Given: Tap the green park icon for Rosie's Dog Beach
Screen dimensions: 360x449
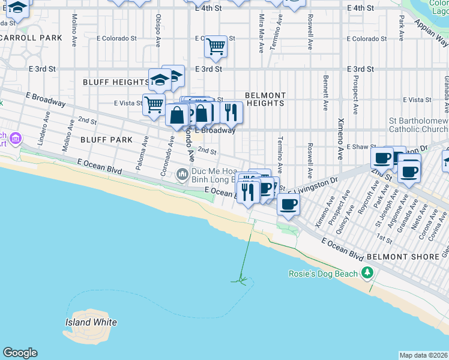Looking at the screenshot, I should point(367,274).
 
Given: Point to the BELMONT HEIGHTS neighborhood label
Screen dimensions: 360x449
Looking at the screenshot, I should point(265,99).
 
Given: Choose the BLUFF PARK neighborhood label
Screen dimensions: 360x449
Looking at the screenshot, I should point(106,140).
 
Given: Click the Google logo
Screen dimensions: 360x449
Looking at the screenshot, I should point(20,353).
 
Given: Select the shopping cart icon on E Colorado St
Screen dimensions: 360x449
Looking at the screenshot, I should point(215,46).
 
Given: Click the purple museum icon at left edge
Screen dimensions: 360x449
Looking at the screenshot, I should point(16,139).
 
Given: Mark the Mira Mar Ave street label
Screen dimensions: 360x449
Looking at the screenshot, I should point(261,25).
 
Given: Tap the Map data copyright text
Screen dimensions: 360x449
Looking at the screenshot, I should point(424,355).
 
